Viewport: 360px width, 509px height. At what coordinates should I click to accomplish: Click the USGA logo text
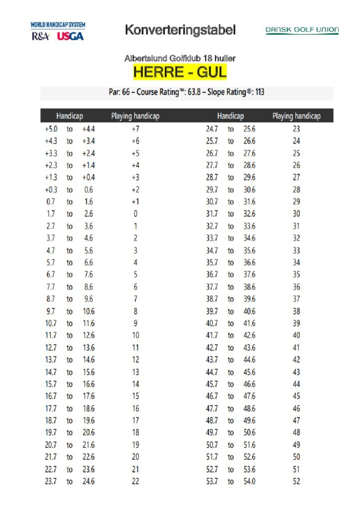pos(71,36)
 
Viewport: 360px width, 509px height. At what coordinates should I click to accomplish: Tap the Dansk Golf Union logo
pos(302,30)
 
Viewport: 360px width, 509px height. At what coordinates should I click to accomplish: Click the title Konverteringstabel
pos(180,30)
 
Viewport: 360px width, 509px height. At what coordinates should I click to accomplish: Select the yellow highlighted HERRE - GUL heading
pos(180,73)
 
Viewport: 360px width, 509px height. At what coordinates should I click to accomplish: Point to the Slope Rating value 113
pos(259,92)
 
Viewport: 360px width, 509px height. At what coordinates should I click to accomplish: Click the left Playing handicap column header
pos(135,116)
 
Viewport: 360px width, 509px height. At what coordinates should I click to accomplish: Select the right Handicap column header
pos(230,116)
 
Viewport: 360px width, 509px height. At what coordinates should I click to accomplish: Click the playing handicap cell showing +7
pos(135,129)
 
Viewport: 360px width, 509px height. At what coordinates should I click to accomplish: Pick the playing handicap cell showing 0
pos(135,214)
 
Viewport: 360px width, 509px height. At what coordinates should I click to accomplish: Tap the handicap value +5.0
pos(51,129)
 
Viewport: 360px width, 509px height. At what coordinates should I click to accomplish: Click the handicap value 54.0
pos(249,482)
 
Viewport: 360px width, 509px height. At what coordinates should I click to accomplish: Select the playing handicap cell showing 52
pos(296,482)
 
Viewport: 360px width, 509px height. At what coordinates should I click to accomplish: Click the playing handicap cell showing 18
pos(135,433)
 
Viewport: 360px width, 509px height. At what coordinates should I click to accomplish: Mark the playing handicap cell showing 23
pos(296,129)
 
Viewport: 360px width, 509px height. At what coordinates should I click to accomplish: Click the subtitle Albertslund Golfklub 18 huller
pos(180,59)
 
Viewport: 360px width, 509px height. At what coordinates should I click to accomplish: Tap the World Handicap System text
pos(58,25)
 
